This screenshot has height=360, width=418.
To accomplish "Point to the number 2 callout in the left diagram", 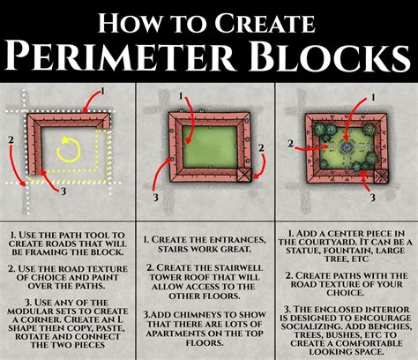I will [x=9, y=138].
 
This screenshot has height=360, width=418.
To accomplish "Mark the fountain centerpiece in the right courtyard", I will [x=346, y=146].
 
